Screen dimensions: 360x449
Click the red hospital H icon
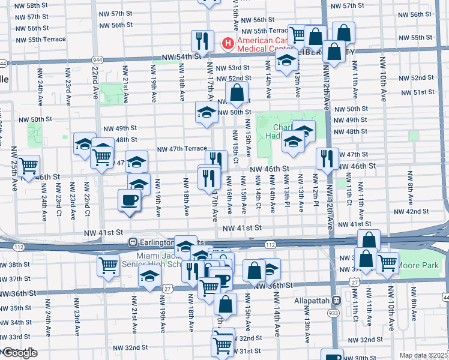228,43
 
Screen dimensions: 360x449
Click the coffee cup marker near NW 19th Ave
129,200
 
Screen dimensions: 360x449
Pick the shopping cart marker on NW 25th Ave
29,165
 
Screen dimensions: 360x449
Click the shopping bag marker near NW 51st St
238,92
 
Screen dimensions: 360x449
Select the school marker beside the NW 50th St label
206,112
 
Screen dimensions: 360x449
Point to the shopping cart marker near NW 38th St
108,264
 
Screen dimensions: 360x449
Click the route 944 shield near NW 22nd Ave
97,61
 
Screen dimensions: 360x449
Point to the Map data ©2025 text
423,355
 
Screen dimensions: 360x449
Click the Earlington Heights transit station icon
133,242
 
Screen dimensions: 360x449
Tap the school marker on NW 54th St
287,61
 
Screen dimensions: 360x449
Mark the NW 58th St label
34,5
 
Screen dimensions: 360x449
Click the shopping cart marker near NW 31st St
222,345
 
